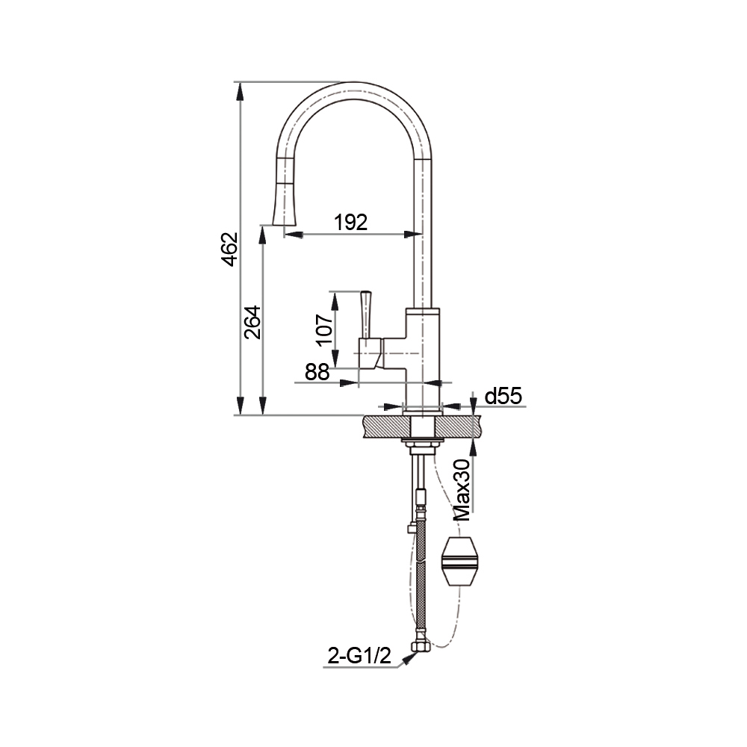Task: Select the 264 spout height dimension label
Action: (252, 322)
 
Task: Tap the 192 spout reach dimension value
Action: (351, 223)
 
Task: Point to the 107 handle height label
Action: (324, 329)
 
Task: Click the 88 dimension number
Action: (317, 372)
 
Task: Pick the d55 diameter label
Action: (503, 396)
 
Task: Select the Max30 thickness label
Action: (462, 490)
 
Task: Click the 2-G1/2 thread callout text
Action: (359, 657)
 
